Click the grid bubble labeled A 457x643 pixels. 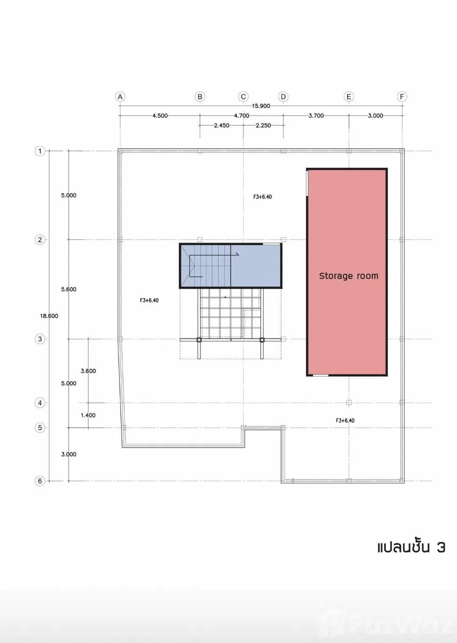pyautogui.click(x=120, y=97)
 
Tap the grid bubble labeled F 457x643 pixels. pyautogui.click(x=402, y=97)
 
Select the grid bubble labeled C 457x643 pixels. pyautogui.click(x=243, y=97)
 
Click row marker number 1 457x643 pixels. pyautogui.click(x=40, y=151)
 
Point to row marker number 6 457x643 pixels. pyautogui.click(x=40, y=481)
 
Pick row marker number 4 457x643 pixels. pyautogui.click(x=40, y=403)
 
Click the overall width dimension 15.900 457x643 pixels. pyautogui.click(x=261, y=106)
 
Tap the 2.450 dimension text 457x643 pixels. pyautogui.click(x=222, y=125)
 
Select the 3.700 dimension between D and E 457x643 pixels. pyautogui.click(x=316, y=116)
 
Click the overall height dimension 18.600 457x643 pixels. pyautogui.click(x=49, y=316)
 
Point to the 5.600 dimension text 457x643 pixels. pyautogui.click(x=69, y=289)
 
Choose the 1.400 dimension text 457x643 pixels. pyautogui.click(x=88, y=415)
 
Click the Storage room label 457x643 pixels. pyautogui.click(x=349, y=276)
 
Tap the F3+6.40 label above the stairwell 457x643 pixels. pyautogui.click(x=262, y=197)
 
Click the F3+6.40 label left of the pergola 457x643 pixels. pyautogui.click(x=149, y=300)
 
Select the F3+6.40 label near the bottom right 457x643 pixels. pyautogui.click(x=345, y=421)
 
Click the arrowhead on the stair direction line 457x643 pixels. pyautogui.click(x=238, y=254)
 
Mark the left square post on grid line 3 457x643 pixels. pyautogui.click(x=199, y=340)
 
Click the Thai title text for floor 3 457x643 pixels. pyautogui.click(x=411, y=548)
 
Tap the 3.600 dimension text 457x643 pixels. pyautogui.click(x=88, y=371)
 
